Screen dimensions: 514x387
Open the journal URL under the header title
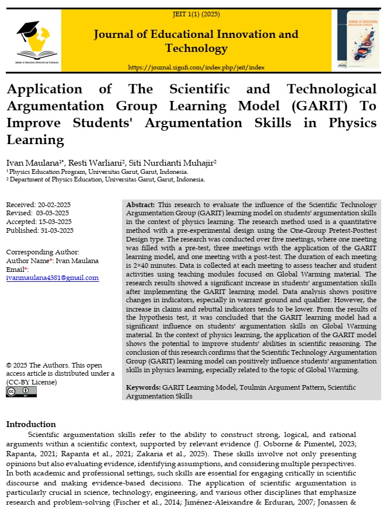[196, 68]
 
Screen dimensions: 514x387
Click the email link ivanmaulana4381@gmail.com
[53, 278]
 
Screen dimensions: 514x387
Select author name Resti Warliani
[86, 162]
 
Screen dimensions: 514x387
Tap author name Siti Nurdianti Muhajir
[168, 162]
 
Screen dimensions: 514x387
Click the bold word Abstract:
[141, 205]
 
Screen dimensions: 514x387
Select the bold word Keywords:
[144, 387]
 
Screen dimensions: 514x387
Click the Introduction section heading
[31, 424]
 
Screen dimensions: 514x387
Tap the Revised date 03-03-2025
[54, 213]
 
